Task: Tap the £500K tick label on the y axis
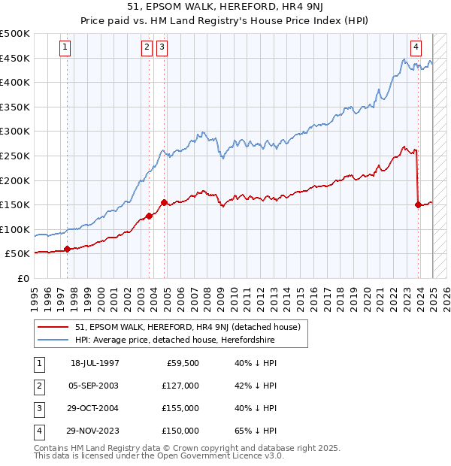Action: coord(15,34)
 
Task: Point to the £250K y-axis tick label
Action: coord(15,156)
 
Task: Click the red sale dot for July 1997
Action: coord(67,249)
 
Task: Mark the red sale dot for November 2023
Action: coord(418,204)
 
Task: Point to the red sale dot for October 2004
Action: coord(164,202)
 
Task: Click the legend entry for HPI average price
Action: coord(174,340)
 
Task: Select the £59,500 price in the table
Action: coord(181,363)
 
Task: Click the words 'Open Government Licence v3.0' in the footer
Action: coord(218,455)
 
